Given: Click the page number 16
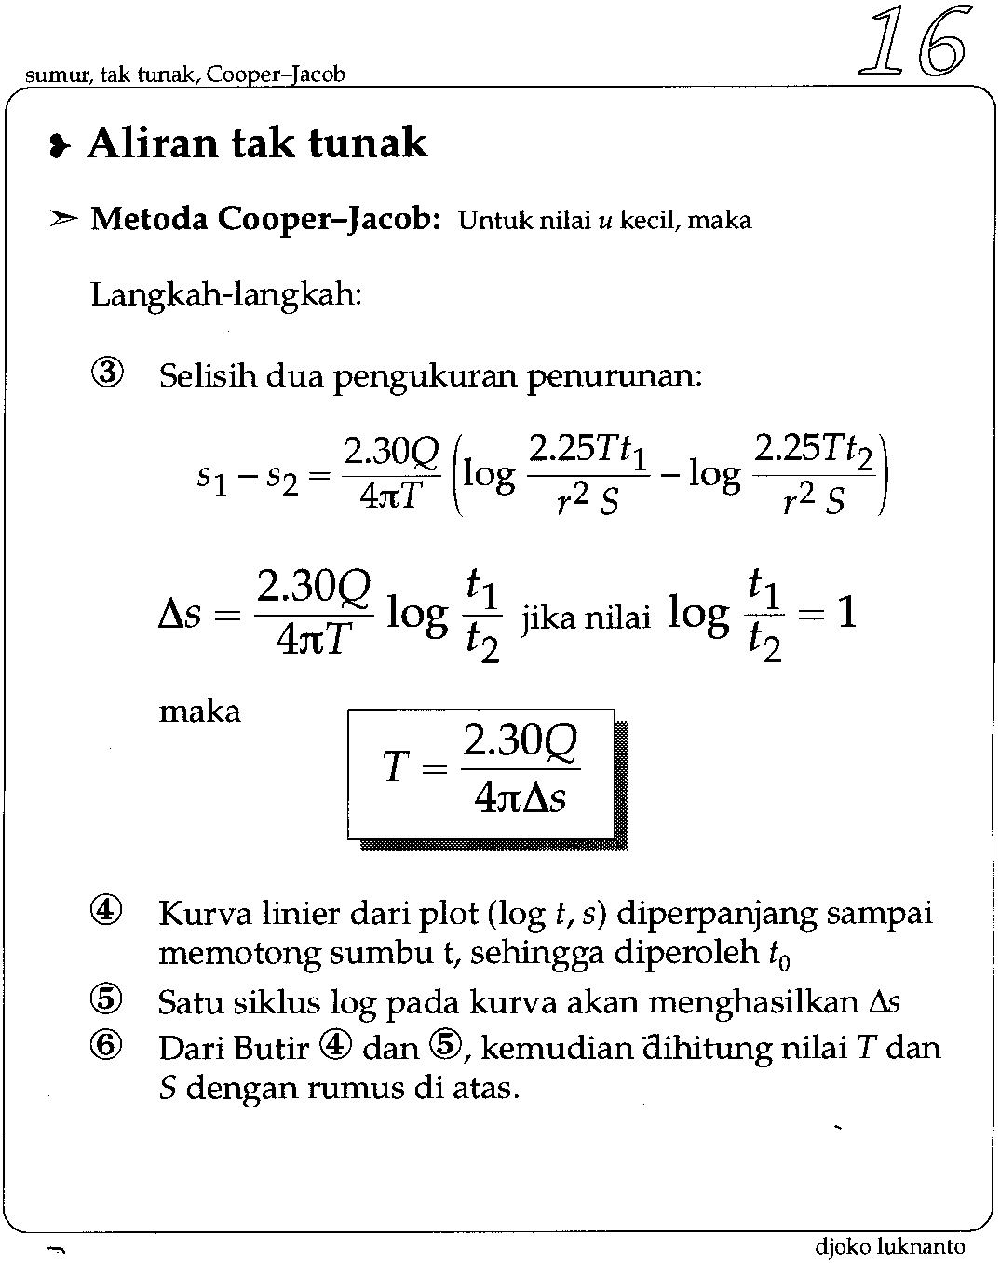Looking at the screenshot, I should tap(911, 42).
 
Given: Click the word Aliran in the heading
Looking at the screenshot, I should tap(152, 144).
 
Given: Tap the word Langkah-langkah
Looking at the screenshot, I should tap(225, 295).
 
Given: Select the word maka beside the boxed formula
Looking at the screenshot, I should tap(199, 713).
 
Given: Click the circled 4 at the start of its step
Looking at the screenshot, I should tap(107, 912).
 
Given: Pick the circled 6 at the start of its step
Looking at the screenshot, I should tap(107, 1047).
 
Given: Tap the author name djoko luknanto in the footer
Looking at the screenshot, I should tap(889, 1246).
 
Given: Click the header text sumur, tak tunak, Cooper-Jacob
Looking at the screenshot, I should tap(185, 75).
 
